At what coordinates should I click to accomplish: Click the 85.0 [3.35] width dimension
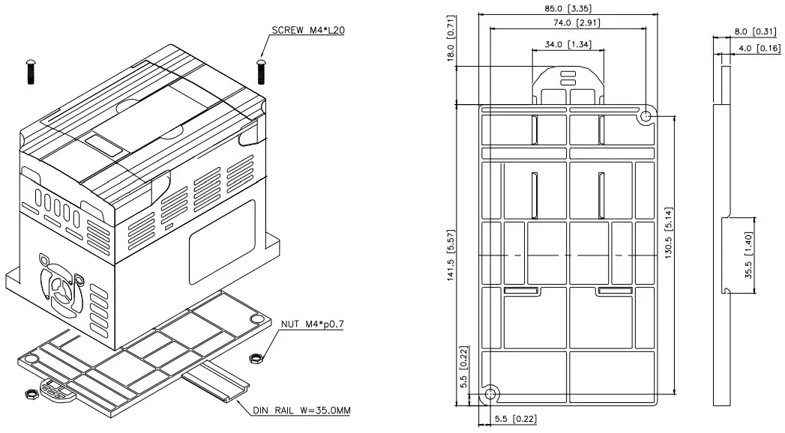568,8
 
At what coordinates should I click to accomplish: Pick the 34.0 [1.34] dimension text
568,44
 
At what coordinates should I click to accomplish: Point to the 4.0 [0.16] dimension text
757,49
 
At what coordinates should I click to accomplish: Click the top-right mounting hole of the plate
646,117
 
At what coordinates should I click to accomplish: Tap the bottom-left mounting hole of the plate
490,394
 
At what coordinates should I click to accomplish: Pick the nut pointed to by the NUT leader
255,358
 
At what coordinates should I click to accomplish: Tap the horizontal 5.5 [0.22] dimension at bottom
514,420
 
